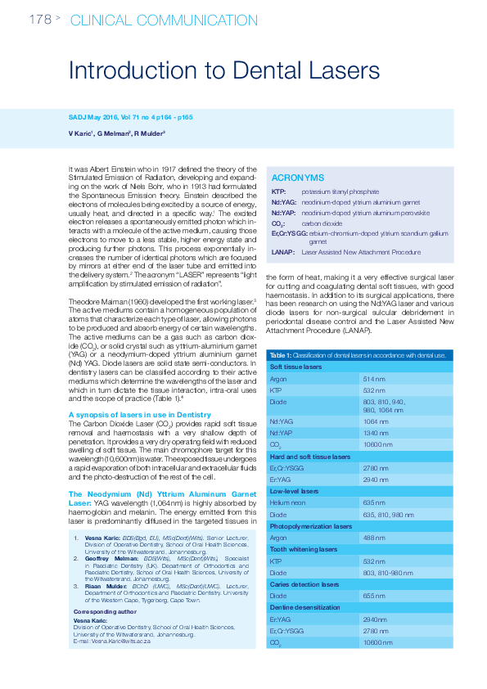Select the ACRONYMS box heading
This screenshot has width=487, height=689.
(297, 178)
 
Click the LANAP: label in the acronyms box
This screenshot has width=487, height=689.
(282, 252)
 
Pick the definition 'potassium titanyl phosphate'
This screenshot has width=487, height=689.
(340, 191)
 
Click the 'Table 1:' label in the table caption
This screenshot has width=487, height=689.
(280, 355)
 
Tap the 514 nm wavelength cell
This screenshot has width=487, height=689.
(374, 380)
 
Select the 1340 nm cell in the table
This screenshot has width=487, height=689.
(376, 433)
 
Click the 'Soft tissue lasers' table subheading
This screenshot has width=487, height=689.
(296, 367)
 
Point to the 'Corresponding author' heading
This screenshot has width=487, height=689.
(105, 611)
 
